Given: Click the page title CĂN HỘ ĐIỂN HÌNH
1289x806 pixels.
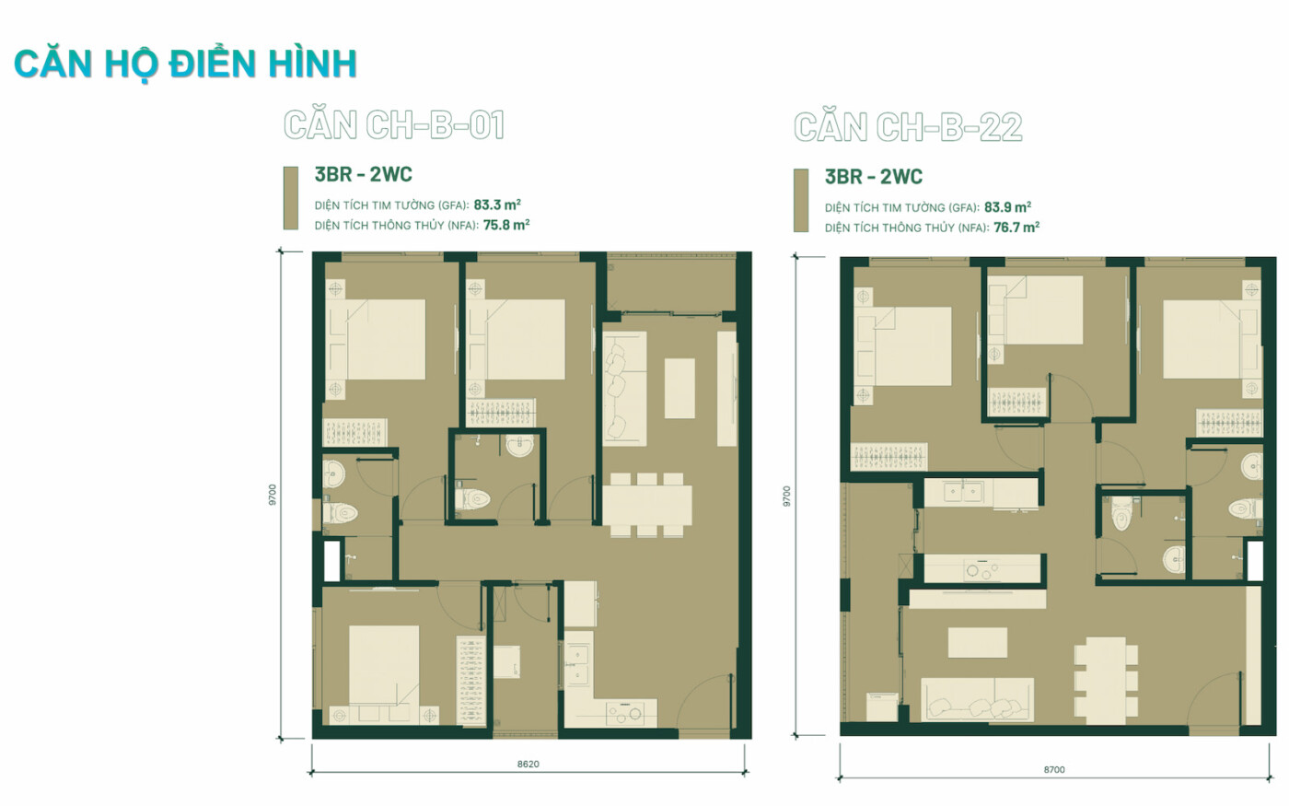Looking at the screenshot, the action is (x=185, y=64).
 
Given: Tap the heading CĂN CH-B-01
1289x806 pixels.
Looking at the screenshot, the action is (x=394, y=124).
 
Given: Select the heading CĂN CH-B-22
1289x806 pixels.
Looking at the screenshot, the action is (x=908, y=127).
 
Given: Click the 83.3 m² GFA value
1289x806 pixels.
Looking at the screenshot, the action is (x=497, y=204).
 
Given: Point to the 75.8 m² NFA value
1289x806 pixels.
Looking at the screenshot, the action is (x=506, y=225).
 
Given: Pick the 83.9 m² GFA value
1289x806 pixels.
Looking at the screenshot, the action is (x=1007, y=207).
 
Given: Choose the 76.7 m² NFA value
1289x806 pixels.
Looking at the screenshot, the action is (x=1016, y=228).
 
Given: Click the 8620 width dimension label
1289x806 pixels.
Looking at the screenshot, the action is (x=528, y=764).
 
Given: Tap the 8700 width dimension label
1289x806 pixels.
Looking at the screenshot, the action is (x=1054, y=770).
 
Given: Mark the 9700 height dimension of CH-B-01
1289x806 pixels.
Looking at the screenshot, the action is (x=273, y=496).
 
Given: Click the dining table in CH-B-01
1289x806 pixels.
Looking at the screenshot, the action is (x=646, y=505).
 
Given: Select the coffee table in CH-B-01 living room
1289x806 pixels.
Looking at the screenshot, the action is (x=679, y=388).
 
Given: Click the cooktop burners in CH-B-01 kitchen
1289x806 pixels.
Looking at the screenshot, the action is (x=625, y=714).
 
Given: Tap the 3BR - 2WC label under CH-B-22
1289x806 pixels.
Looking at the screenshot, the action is (x=874, y=177).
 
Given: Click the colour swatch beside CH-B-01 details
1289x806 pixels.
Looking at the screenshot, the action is (x=291, y=198).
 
